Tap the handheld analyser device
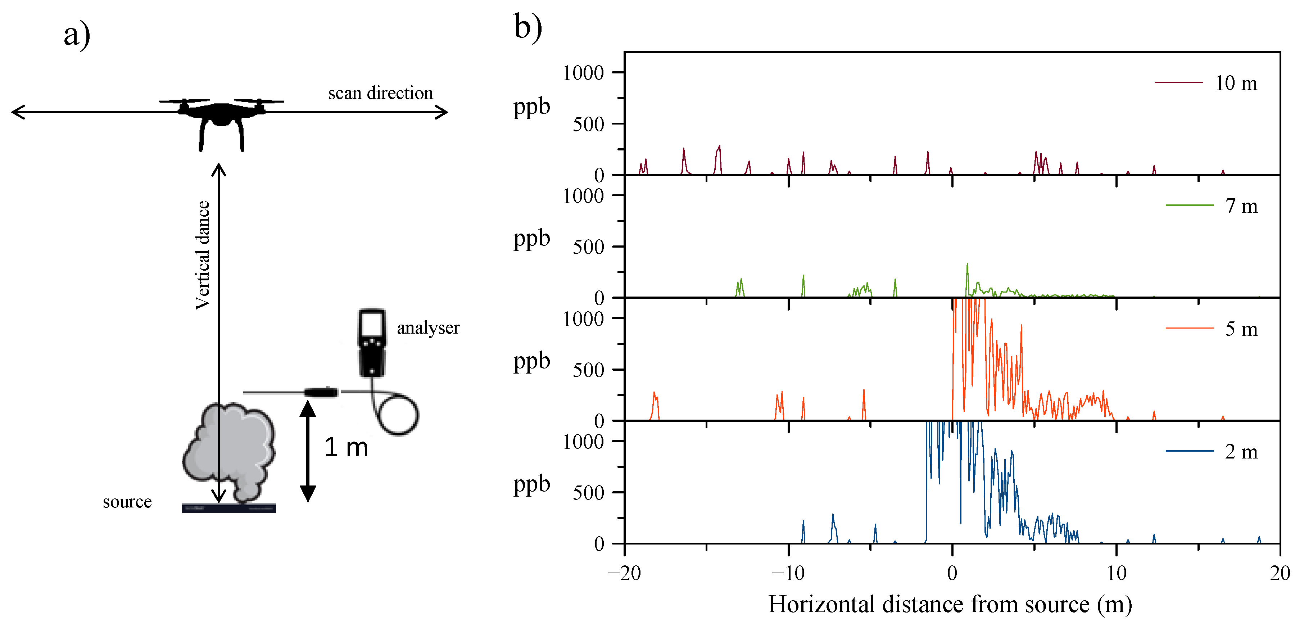pos(372,343)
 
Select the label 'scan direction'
pos(381,93)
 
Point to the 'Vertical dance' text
pos(203,255)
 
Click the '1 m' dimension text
pos(346,447)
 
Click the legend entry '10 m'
pos(1236,83)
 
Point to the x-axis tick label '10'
pos(1116,573)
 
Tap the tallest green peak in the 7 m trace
pos(967,265)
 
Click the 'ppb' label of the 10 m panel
pos(531,107)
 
